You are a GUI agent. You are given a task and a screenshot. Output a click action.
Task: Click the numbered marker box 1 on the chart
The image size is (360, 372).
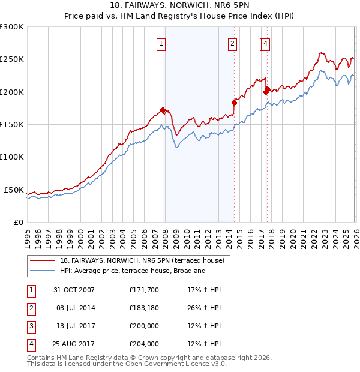pyautogui.click(x=162, y=43)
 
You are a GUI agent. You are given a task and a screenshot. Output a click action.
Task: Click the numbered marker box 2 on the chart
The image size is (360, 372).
pyautogui.click(x=232, y=43)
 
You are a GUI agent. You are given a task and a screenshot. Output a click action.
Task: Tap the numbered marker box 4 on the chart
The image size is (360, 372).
pyautogui.click(x=265, y=43)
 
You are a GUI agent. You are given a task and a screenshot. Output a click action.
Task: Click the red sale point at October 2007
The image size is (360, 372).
pyautogui.click(x=163, y=110)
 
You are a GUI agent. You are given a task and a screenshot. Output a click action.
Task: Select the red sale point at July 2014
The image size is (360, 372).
pyautogui.click(x=234, y=103)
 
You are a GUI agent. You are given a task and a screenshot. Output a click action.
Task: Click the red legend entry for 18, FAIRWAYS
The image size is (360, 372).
pyautogui.click(x=142, y=260)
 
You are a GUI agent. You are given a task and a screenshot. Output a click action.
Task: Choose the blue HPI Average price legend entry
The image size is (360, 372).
pyautogui.click(x=133, y=271)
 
